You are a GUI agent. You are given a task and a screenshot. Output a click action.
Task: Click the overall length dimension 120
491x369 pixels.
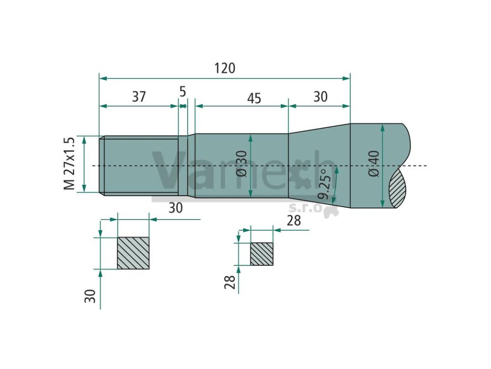tap(224, 68)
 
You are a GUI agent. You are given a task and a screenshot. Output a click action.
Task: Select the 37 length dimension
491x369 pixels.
tap(139, 97)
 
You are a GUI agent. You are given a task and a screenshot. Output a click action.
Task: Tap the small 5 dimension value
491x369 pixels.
tap(182, 91)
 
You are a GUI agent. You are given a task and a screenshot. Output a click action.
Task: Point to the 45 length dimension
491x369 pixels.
tap(254, 98)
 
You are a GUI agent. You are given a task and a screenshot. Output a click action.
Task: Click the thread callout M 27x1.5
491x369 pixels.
tap(70, 163)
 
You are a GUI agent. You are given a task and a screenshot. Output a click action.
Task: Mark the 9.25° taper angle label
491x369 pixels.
tap(327, 184)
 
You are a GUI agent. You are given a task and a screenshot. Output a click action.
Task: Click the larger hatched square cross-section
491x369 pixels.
tap(133, 253)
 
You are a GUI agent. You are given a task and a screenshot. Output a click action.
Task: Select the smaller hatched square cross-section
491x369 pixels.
tap(262, 254)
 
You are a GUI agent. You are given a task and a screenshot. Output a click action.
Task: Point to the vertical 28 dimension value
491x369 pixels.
tap(230, 282)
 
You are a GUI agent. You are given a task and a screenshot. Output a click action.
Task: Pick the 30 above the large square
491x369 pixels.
tap(175, 208)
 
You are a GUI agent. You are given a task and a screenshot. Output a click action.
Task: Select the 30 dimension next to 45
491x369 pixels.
tap(320, 97)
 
